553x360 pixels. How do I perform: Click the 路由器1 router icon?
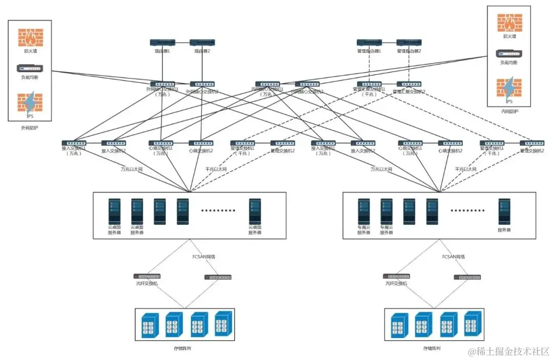pyautogui.click(x=162, y=43)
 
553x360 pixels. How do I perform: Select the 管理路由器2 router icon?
pyautogui.click(x=409, y=43)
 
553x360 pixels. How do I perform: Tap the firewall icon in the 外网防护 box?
pyautogui.click(x=31, y=37)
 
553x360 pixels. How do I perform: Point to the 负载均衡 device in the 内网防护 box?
pyautogui.click(x=509, y=53)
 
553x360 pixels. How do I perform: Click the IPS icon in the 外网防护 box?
pyautogui.click(x=30, y=102)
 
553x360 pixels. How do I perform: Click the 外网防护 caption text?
pyautogui.click(x=30, y=128)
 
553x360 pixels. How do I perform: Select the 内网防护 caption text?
pyautogui.click(x=509, y=111)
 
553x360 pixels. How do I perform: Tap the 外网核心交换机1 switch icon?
pyautogui.click(x=162, y=84)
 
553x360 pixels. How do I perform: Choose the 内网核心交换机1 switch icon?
pyautogui.click(x=267, y=84)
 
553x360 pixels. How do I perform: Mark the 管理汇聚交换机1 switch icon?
pyautogui.click(x=369, y=84)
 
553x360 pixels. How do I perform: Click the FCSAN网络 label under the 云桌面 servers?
pyautogui.click(x=203, y=257)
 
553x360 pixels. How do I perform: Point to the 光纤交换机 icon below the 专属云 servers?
pyautogui.click(x=396, y=277)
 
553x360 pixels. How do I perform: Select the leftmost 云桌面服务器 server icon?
pyautogui.click(x=114, y=211)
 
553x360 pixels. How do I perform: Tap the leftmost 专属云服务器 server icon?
pyautogui.click(x=364, y=211)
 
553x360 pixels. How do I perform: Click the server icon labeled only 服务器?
pyautogui.click(x=504, y=211)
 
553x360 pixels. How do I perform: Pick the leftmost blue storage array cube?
pyautogui.click(x=148, y=324)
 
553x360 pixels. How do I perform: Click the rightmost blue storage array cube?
pyautogui.click(x=472, y=323)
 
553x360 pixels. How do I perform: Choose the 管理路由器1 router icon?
pyautogui.click(x=369, y=43)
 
